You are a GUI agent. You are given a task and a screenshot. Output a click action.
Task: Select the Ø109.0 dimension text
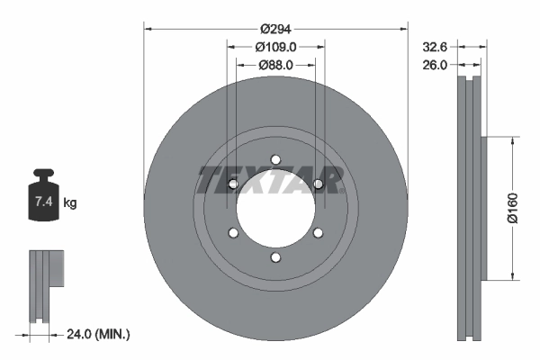(276, 45)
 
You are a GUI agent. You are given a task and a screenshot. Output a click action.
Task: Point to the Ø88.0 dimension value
(276, 65)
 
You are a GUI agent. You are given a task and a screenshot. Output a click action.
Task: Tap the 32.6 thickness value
(436, 45)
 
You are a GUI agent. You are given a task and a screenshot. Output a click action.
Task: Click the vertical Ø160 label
(511, 208)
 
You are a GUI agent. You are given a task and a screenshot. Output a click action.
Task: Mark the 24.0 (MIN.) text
(99, 335)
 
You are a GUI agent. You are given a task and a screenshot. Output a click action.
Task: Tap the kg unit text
(70, 203)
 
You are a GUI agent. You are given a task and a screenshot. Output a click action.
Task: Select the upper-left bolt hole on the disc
(233, 184)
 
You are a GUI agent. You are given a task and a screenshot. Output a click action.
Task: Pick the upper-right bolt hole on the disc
(318, 184)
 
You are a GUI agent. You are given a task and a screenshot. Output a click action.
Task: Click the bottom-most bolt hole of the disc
(275, 258)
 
